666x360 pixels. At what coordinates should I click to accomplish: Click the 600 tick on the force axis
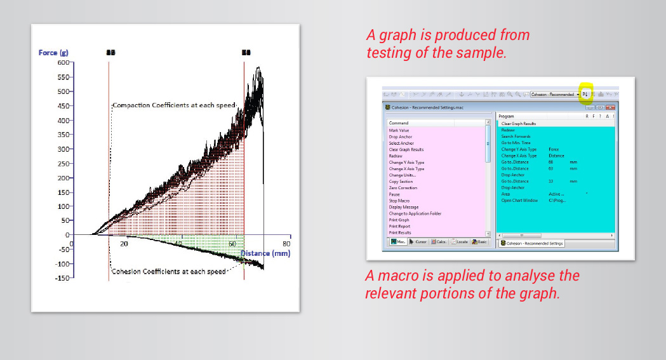tap(63, 62)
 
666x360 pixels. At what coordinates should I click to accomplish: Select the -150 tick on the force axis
tap(62, 277)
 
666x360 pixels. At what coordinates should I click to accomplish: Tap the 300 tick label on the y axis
tap(63, 149)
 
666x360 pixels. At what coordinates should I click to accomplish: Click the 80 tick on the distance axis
tap(286, 244)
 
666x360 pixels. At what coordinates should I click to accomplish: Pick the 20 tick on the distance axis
tap(124, 244)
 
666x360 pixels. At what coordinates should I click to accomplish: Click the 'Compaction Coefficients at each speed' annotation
tap(173, 105)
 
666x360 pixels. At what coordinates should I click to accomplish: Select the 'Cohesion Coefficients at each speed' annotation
tap(168, 272)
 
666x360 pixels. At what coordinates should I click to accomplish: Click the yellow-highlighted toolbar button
tap(585, 94)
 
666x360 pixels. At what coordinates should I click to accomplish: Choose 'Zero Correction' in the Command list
tap(403, 188)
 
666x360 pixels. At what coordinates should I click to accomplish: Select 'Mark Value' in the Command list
tap(399, 130)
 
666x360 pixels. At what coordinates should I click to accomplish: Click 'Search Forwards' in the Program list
tap(516, 137)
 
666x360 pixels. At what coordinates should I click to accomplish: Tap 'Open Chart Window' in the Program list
tap(519, 201)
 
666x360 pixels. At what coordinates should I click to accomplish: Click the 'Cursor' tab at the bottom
tap(418, 242)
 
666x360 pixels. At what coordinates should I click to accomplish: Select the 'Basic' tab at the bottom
tap(479, 242)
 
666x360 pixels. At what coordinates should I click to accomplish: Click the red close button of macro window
tap(611, 107)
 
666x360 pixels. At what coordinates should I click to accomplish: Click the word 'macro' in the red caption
tap(395, 276)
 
